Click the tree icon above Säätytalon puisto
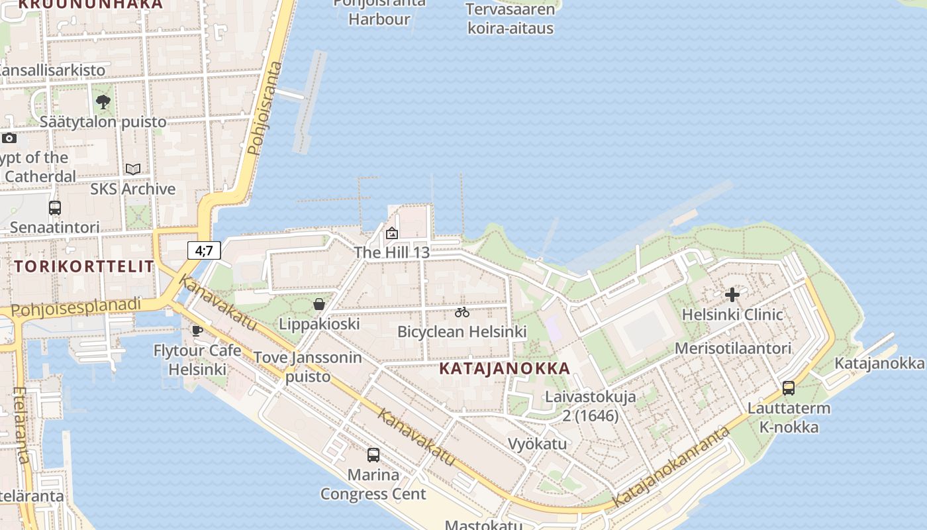103,102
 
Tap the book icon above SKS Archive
133,169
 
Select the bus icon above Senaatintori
55,208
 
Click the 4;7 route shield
204,250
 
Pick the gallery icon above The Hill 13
392,233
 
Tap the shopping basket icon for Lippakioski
319,304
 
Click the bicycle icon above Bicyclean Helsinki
462,312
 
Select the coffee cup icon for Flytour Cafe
197,331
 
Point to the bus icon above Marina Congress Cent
373,455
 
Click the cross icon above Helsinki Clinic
732,295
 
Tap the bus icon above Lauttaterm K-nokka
789,388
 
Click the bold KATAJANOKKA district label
505,369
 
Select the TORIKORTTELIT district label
84,267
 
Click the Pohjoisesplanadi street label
76,307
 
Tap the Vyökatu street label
537,443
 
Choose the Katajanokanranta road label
670,468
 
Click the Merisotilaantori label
733,348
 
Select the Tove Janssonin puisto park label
308,367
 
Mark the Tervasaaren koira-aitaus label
510,19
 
